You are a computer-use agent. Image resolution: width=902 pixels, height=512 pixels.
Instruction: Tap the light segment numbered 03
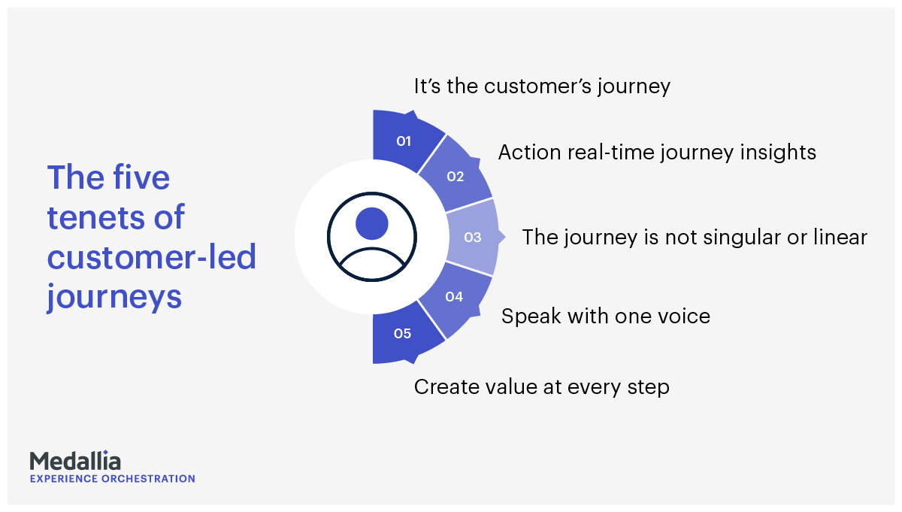point(473,237)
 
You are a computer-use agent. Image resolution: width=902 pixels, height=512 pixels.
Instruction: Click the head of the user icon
point(371,223)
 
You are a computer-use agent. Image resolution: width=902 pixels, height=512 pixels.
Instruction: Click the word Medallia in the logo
point(75,461)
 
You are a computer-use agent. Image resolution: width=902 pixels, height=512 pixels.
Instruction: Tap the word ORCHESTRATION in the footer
point(148,479)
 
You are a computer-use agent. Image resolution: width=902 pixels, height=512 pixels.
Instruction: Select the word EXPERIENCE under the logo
point(64,479)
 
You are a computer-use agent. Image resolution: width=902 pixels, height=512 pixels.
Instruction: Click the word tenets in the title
point(95,217)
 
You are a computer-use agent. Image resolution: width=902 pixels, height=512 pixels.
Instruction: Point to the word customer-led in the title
point(152,256)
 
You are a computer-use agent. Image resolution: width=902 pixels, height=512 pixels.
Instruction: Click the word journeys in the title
point(114,297)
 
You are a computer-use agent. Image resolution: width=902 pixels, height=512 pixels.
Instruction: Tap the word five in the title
point(141,177)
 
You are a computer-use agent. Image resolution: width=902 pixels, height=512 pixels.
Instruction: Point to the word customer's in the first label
point(537,86)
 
